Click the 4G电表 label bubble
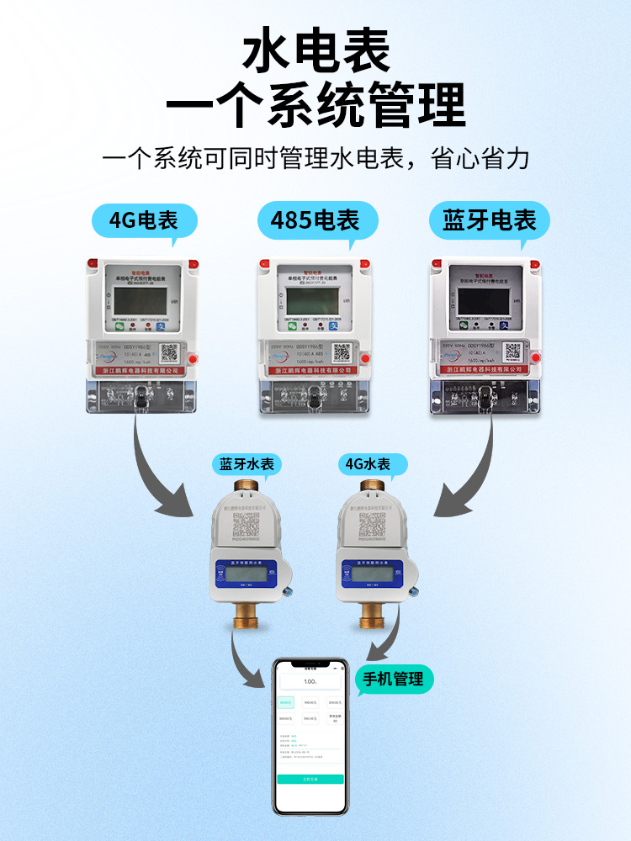pyautogui.click(x=144, y=221)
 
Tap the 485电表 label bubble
pyautogui.click(x=315, y=221)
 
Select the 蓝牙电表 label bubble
pyautogui.click(x=489, y=221)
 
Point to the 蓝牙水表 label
pyautogui.click(x=247, y=464)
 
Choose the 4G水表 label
pyautogui.click(x=368, y=464)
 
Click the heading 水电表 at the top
pyautogui.click(x=315, y=52)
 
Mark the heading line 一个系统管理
pyautogui.click(x=315, y=105)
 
